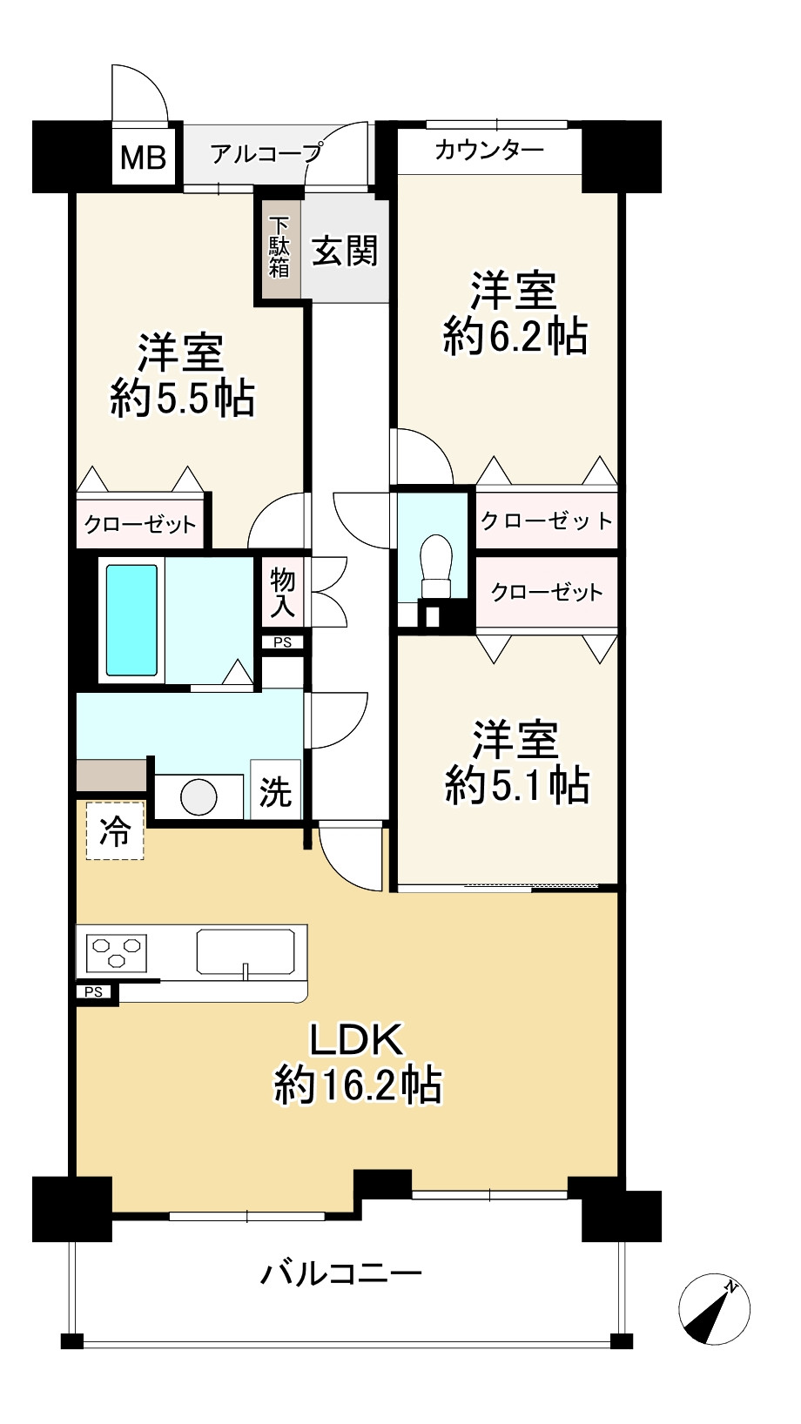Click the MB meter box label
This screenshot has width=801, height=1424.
point(143,157)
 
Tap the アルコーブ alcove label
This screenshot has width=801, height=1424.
point(266,153)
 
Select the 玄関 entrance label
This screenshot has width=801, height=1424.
point(345,251)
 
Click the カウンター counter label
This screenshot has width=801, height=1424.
point(488,150)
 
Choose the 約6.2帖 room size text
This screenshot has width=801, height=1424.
point(515,336)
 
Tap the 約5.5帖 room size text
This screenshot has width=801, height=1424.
point(183,399)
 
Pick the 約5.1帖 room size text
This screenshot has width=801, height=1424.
point(517,785)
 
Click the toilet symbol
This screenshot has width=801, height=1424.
point(435,565)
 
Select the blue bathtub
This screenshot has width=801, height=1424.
point(131,620)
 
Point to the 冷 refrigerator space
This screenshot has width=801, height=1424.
point(115,831)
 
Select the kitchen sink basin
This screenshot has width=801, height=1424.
point(246,951)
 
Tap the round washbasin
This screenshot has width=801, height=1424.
point(199,796)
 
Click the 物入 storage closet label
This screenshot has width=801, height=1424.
point(283,593)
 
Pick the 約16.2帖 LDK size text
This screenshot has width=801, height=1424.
point(358,1085)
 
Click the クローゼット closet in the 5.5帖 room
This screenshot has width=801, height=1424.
point(140,525)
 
